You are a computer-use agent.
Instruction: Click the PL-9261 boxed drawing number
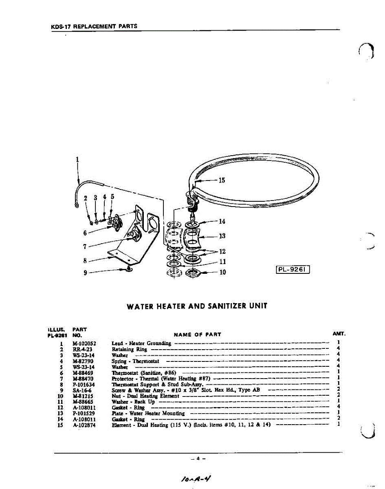(x=293, y=269)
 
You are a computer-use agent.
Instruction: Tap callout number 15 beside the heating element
(x=222, y=180)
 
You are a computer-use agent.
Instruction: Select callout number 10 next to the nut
(x=222, y=272)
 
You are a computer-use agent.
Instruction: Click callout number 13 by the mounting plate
(x=222, y=236)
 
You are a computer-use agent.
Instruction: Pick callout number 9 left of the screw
(x=85, y=273)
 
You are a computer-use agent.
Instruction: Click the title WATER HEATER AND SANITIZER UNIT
(x=197, y=306)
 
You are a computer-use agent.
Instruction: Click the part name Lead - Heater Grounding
(x=141, y=344)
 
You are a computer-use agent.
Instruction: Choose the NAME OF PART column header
(x=197, y=335)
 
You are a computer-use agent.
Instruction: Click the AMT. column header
(x=339, y=334)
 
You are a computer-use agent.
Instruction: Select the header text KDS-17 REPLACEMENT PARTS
(x=94, y=26)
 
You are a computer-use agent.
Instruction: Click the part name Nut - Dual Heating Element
(x=145, y=396)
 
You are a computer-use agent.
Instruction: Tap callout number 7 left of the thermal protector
(x=85, y=246)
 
